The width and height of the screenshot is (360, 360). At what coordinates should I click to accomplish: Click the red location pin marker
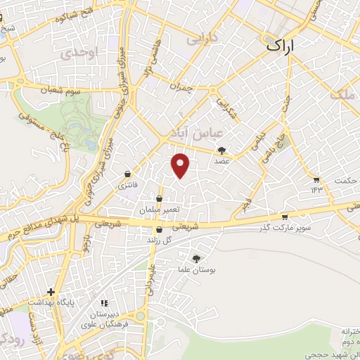click(181, 165)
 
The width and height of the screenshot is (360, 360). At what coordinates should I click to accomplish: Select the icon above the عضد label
click(222, 150)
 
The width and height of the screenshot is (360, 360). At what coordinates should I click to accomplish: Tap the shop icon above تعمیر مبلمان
click(161, 200)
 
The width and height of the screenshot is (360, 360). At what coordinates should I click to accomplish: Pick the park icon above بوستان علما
click(196, 259)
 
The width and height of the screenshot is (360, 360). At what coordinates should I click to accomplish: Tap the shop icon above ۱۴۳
click(316, 179)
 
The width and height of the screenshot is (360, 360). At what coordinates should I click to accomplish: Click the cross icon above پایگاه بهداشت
click(51, 291)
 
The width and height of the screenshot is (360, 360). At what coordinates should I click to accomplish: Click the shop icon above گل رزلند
click(159, 230)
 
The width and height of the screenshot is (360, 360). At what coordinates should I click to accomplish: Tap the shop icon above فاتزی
click(127, 174)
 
